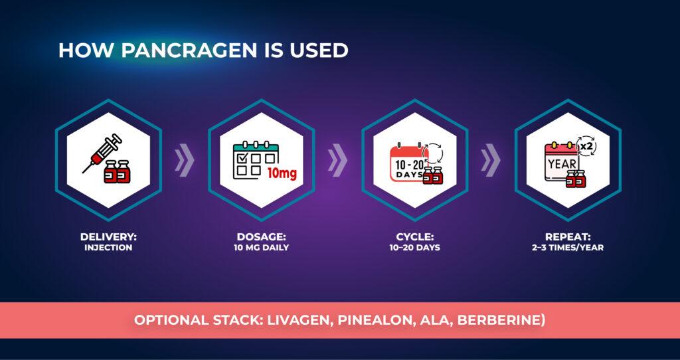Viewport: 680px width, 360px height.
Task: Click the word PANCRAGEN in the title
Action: [x=189, y=50]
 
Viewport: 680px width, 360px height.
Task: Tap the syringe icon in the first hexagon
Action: [x=102, y=152]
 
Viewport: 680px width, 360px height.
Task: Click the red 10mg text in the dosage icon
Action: [x=282, y=175]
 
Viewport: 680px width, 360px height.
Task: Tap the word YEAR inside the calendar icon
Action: [x=562, y=164]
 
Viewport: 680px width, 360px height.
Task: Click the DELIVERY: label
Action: [x=108, y=237]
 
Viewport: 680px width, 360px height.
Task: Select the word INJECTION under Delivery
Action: [x=108, y=248]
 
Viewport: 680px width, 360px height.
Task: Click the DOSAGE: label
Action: [x=261, y=237]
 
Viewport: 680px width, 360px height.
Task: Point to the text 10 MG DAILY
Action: [x=261, y=248]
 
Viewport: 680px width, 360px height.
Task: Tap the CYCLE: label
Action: [x=414, y=237]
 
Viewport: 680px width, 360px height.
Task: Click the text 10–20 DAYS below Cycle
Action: [x=414, y=248]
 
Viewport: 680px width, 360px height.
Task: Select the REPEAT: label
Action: [x=568, y=237]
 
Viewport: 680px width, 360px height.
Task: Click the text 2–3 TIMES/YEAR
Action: [x=568, y=248]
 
